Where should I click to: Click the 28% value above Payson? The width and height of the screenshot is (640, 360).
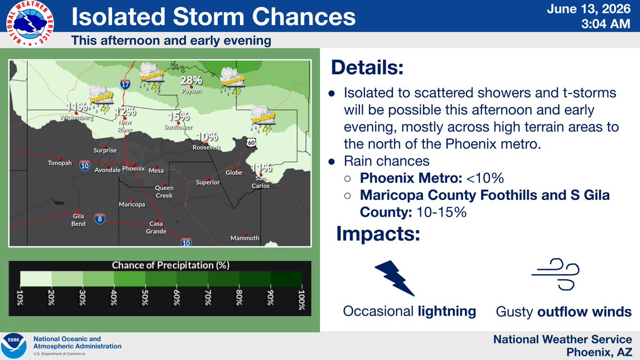click(x=191, y=81)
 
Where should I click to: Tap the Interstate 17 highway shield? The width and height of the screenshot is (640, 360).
click(x=125, y=84)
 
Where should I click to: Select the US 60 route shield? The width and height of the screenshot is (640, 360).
click(x=251, y=142)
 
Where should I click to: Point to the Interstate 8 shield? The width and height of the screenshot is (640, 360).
click(x=100, y=219)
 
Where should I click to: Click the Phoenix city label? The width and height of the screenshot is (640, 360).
click(x=133, y=169)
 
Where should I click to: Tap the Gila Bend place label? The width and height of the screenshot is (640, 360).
click(x=78, y=220)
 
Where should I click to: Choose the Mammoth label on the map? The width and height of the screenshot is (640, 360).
click(x=245, y=238)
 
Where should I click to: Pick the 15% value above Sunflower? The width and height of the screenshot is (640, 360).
click(x=179, y=116)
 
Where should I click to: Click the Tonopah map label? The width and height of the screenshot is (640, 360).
click(x=60, y=163)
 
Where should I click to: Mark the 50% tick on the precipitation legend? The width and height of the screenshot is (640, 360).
click(x=145, y=298)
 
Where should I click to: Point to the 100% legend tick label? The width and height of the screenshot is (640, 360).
click(x=301, y=300)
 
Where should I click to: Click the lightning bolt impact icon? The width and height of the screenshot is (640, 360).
click(x=394, y=278)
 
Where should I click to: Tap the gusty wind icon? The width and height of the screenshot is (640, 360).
click(x=555, y=275)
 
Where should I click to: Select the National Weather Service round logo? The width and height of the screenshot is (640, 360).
click(x=30, y=23)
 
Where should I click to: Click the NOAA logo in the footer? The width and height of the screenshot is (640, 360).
click(x=14, y=346)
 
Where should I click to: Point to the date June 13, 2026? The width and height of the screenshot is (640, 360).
click(x=589, y=9)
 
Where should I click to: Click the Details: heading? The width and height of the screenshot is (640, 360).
click(x=367, y=67)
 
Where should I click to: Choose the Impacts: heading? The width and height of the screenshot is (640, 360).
click(x=378, y=234)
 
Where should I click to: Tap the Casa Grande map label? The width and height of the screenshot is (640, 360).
click(x=156, y=227)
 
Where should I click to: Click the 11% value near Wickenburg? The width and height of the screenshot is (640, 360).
click(x=77, y=107)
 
